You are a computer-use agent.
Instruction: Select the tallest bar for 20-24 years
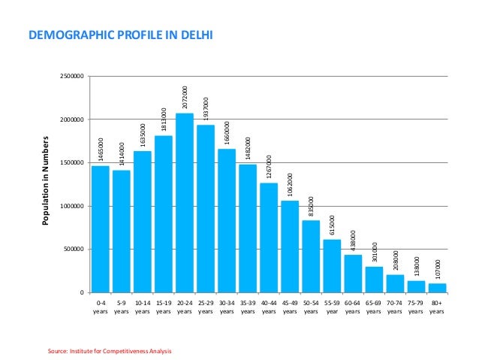point(185,203)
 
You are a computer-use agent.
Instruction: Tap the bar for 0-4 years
point(101,229)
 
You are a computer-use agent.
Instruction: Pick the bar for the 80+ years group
point(437,288)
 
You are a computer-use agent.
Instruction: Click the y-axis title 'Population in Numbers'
point(47,181)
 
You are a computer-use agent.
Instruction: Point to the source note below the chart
point(113,350)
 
